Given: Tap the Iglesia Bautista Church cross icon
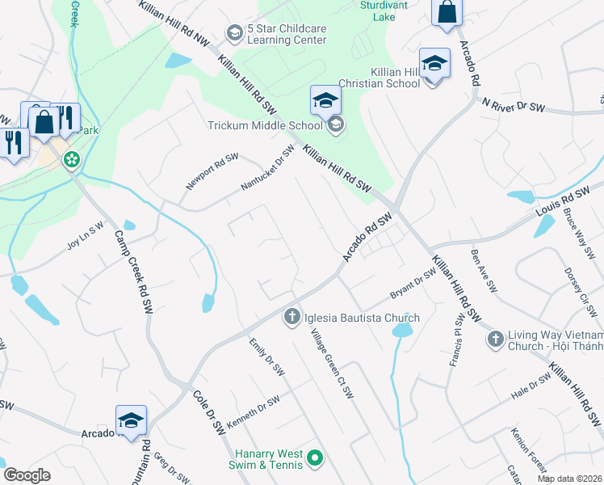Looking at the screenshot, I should [x=291, y=317].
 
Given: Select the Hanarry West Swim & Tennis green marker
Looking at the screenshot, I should [x=315, y=459].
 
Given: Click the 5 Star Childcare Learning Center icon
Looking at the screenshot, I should [x=235, y=33].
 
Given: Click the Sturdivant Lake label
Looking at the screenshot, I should [x=383, y=10].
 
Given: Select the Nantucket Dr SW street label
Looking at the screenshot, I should [x=268, y=169].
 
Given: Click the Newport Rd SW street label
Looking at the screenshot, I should [x=212, y=171].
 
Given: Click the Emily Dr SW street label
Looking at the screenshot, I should [x=267, y=357].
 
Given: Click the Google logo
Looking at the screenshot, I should [x=27, y=474].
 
